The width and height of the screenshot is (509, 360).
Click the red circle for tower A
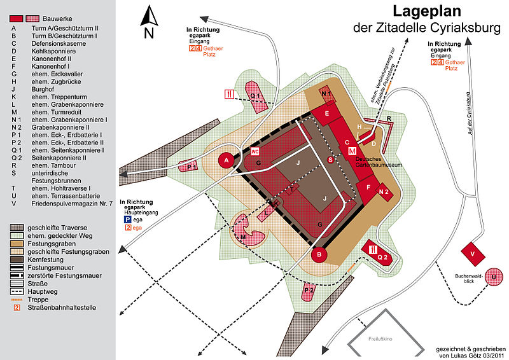227,160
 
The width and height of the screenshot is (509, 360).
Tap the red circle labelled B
319,254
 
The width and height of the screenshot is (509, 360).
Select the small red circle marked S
330,160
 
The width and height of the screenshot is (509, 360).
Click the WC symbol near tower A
255,151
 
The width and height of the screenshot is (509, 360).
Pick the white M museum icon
352,151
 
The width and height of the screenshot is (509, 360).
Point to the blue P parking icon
128,220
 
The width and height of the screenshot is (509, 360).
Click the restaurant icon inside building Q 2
373,249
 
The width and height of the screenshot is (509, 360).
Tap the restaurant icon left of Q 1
229,94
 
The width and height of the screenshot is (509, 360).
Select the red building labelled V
473,254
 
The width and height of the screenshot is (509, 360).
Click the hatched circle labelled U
494,277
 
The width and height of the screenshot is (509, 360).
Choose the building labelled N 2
384,192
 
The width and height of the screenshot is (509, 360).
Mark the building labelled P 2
309,291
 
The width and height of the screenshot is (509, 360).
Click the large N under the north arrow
149,33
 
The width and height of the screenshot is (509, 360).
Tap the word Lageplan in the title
426,11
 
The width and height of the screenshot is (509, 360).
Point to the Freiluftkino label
380,339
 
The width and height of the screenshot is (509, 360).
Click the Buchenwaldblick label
469,279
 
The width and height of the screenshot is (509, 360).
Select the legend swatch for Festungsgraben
17,244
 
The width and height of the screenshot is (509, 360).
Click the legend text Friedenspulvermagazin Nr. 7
72,204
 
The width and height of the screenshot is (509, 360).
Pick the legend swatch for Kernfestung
17,260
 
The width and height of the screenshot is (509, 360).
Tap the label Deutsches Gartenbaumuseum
379,162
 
